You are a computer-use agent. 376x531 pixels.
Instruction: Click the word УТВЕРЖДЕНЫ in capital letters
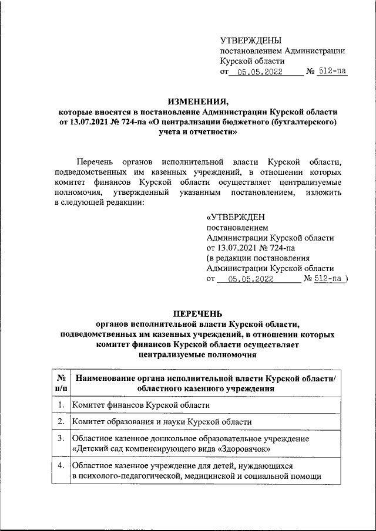(x=251, y=40)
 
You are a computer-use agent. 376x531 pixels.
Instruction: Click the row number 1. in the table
(x=61, y=405)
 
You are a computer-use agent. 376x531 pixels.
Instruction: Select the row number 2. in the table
(x=61, y=422)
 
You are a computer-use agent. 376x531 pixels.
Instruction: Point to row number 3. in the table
(x=61, y=438)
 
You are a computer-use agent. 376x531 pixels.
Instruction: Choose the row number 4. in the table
(x=61, y=465)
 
